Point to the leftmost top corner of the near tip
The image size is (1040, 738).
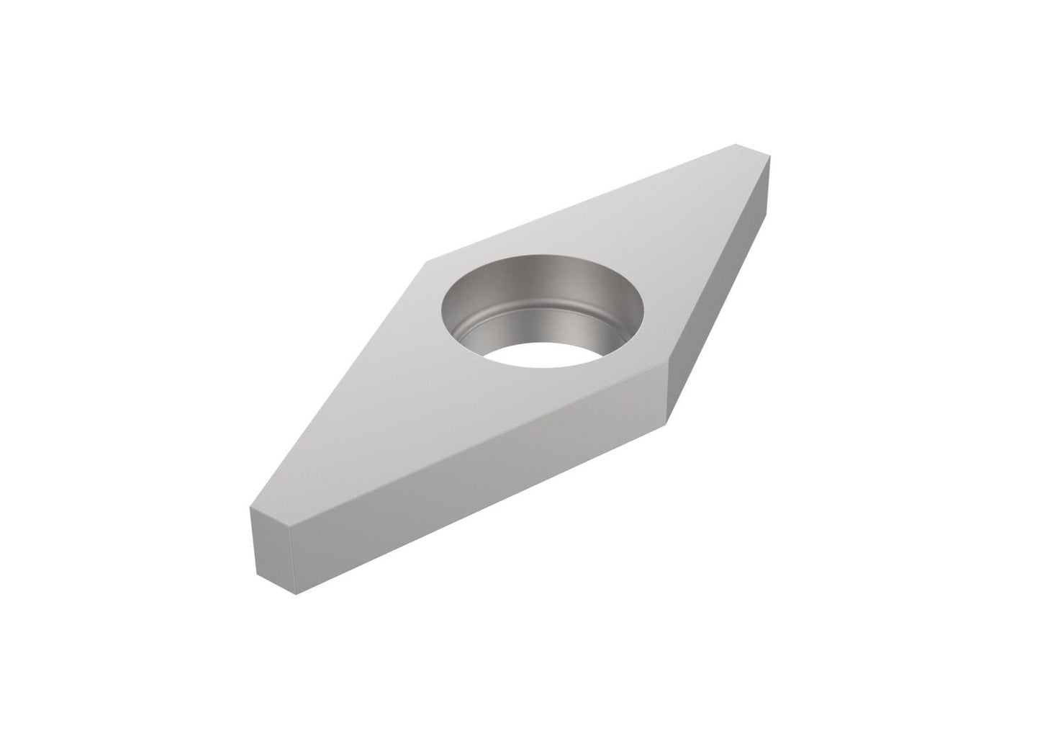(249, 509)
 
